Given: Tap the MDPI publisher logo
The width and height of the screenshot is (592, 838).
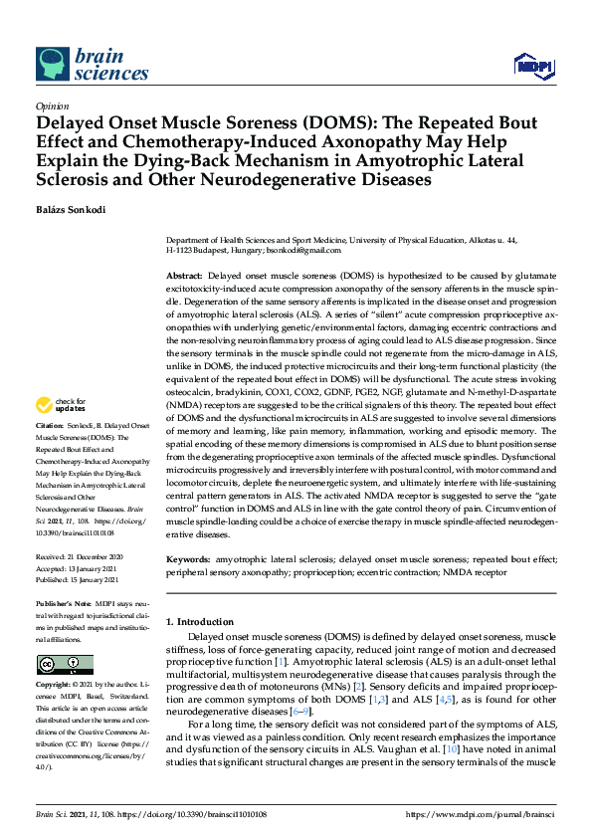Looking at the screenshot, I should coord(534,66).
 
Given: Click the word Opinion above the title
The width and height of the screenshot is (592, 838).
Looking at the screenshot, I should coord(52,105).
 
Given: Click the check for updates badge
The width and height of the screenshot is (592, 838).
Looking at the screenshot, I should coord(60,405).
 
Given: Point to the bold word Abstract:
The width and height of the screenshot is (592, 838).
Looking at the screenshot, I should coord(184,274).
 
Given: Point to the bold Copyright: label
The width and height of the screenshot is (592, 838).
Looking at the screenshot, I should coord(54,686).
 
